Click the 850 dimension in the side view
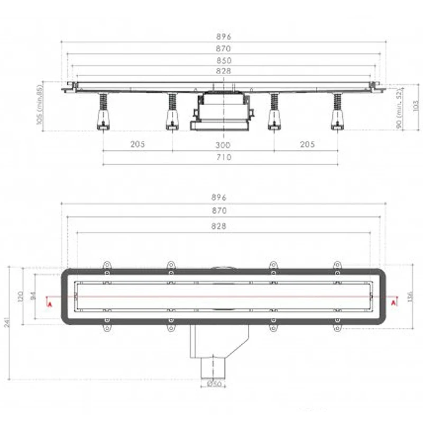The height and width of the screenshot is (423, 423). point(224,60)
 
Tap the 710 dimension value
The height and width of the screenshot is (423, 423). point(224,157)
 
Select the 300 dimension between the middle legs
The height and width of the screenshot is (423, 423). point(223,145)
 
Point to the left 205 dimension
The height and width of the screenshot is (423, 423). point(137,144)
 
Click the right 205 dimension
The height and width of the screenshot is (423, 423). point(308,144)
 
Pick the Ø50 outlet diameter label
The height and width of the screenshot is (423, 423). point(215,384)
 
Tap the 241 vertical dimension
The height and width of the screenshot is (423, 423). point(7,322)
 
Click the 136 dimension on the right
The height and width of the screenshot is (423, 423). point(410,297)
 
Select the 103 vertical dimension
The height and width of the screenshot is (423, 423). point(416,105)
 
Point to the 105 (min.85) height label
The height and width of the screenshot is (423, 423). point(39,105)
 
